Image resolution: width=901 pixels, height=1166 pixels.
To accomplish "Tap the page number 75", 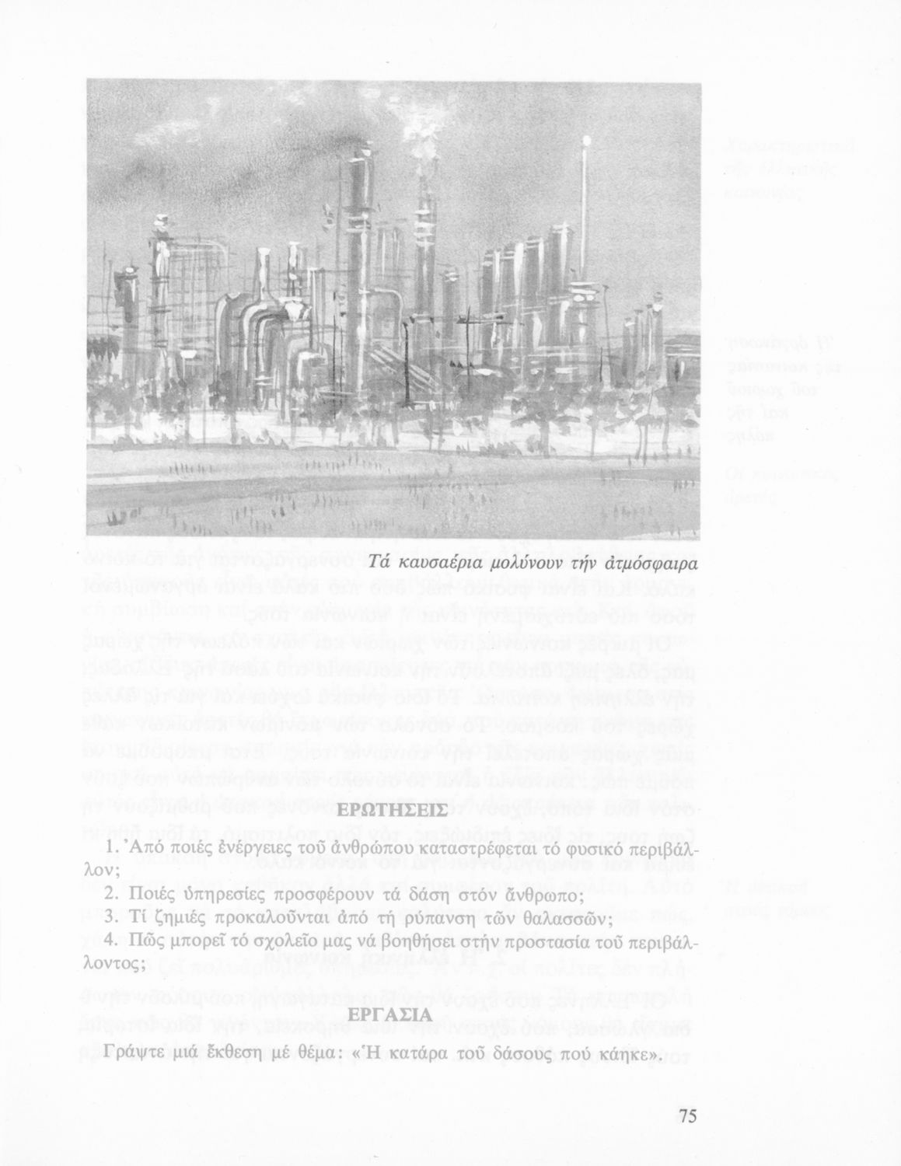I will (687, 1117).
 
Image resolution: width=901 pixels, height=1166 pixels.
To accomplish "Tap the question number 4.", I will (110, 941).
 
